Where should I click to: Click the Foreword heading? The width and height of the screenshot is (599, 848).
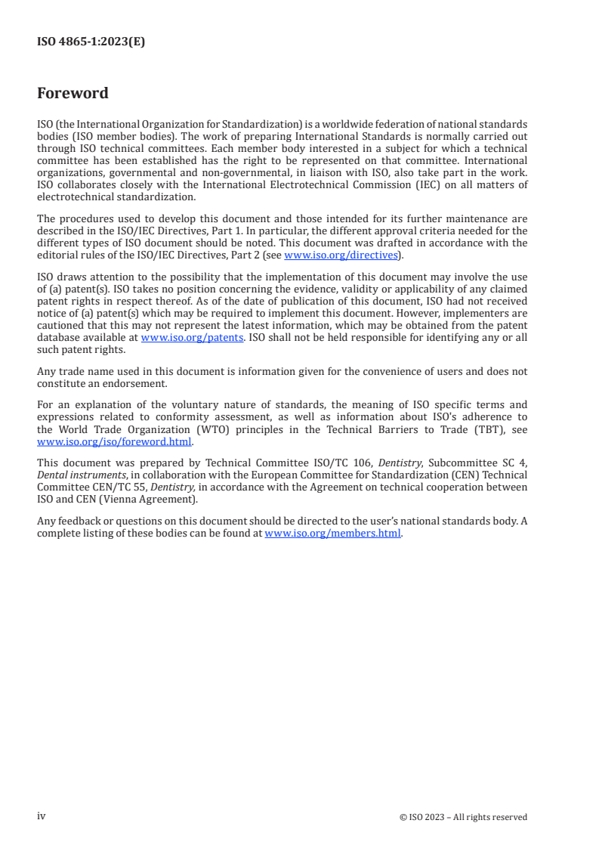[x=73, y=94]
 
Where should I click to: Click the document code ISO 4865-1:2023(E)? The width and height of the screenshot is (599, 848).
[x=91, y=42]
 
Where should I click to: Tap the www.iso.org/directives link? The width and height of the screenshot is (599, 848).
[x=341, y=255]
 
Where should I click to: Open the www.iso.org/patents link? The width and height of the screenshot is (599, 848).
[x=192, y=338]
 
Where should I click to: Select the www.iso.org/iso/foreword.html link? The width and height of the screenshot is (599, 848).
[x=114, y=441]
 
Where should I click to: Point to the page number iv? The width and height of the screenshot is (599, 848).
[x=42, y=816]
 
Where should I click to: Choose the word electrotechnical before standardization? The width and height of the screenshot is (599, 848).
[x=75, y=197]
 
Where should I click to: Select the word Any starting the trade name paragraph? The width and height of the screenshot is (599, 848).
[x=46, y=371]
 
